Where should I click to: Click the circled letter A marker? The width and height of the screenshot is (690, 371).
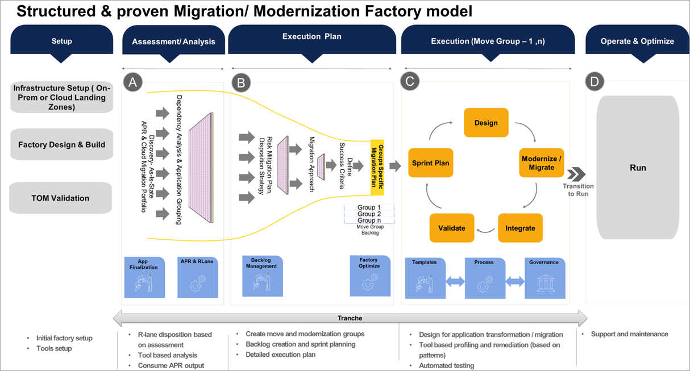click(133, 83)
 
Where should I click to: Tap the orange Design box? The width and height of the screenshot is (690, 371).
click(486, 123)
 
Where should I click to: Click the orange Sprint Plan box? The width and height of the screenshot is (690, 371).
click(430, 163)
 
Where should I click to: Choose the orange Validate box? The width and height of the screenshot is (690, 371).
click(452, 228)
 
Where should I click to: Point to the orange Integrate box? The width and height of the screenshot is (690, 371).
click(520, 228)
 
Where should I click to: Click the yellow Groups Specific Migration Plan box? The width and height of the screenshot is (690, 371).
click(381, 166)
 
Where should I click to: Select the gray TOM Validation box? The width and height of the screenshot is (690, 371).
click(60, 198)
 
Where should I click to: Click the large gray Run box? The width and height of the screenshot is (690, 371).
click(638, 168)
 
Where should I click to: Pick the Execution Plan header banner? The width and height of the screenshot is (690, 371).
click(311, 39)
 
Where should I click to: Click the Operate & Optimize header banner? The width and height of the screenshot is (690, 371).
click(637, 41)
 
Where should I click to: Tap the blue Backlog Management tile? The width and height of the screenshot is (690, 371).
click(262, 276)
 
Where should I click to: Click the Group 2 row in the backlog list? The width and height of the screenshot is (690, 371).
click(369, 214)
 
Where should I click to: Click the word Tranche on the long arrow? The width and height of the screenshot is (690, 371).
click(350, 318)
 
